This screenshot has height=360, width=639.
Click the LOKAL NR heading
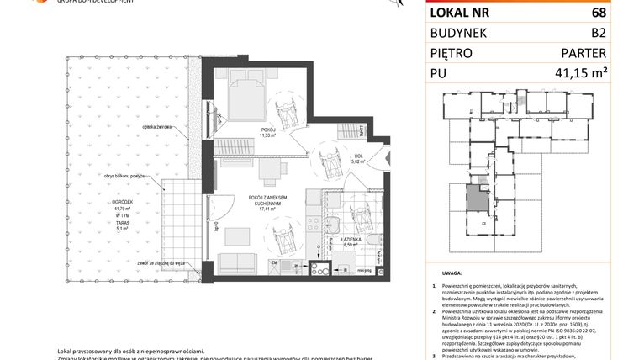pyautogui.click(x=461, y=13)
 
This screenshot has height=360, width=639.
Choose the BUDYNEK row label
pyautogui.click(x=462, y=34)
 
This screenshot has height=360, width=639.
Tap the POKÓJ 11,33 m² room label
pyautogui.click(x=267, y=132)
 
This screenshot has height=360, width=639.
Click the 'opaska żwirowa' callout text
pyautogui.click(x=158, y=126)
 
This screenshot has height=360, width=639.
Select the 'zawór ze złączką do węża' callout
pyautogui.click(x=163, y=262)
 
